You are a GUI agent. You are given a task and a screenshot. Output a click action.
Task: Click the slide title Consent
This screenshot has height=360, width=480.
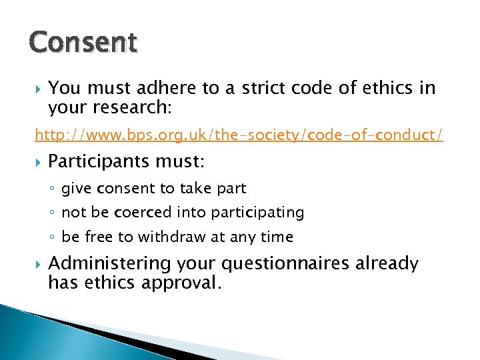click(83, 43)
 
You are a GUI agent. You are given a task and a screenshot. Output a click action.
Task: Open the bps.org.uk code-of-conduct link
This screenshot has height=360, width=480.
click(239, 135)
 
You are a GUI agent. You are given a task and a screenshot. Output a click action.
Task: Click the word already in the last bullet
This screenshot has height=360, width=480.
click(387, 265)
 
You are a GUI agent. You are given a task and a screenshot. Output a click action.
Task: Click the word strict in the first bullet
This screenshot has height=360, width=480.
click(284, 88)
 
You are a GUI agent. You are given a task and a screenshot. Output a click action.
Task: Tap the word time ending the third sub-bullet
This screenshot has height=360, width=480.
click(278, 237)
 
